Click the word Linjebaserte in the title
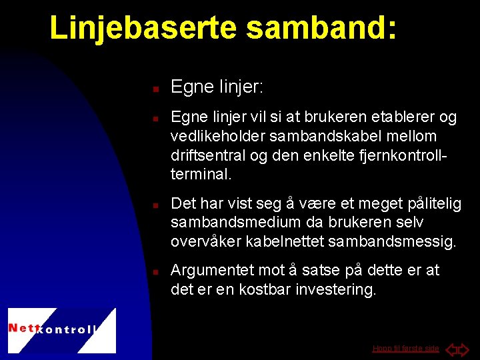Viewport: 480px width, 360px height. (144, 28)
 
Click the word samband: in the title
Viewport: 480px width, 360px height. (322, 28)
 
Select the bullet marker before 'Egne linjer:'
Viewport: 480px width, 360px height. (154, 88)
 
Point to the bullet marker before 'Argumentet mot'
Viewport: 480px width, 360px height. (154, 272)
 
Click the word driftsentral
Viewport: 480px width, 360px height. (207, 155)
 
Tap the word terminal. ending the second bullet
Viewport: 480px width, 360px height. (201, 174)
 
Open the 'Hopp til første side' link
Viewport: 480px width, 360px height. (405, 349)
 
